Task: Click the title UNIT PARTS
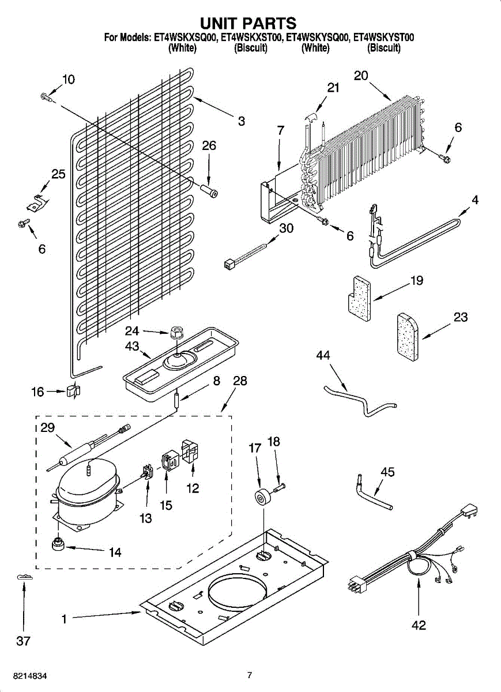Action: [248, 23]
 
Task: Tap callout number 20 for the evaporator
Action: [361, 76]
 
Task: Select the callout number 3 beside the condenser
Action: [242, 121]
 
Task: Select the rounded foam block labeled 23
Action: [408, 337]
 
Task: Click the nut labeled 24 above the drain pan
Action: [176, 333]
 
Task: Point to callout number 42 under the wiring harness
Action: [419, 625]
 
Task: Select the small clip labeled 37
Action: [24, 577]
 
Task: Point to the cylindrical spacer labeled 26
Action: [209, 191]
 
